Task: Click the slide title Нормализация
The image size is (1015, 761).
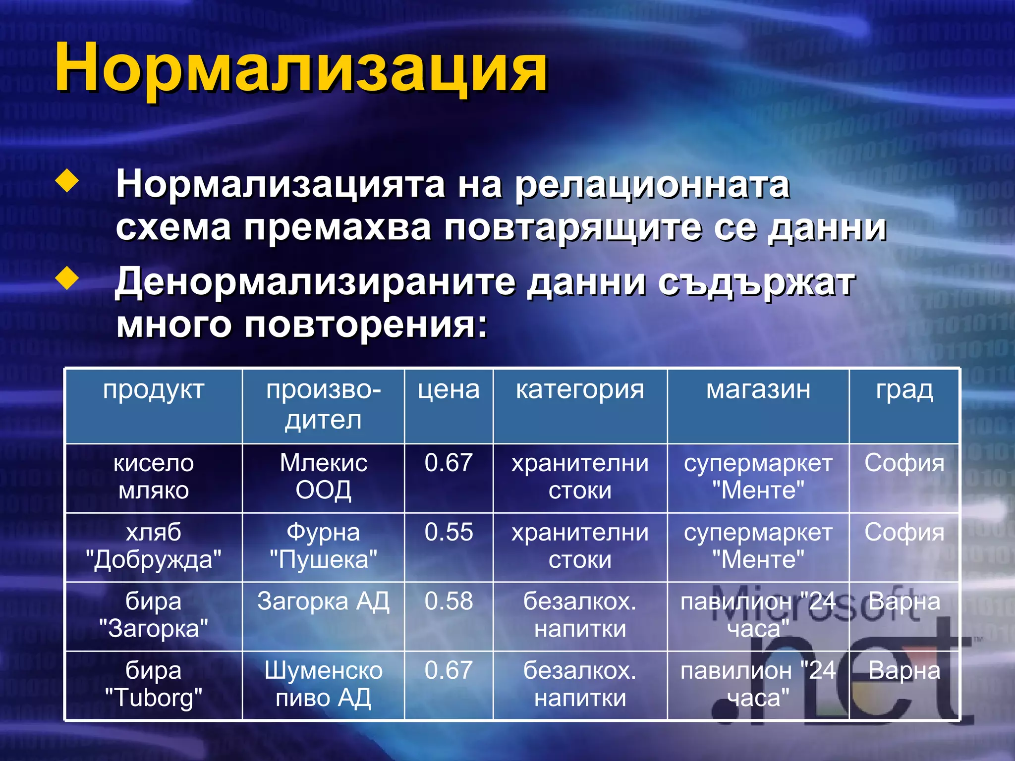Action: pos(301,68)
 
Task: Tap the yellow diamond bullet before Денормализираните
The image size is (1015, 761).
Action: pos(67,279)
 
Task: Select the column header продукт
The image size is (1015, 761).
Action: pos(154,390)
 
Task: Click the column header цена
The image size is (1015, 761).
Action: pos(449,390)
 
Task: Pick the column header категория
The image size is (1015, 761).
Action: pos(580,390)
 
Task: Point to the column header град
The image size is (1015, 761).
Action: pos(904,390)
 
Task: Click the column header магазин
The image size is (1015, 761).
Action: pos(758,390)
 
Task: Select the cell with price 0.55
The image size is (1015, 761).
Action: pos(449,532)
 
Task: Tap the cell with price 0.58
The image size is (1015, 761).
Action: pos(449,601)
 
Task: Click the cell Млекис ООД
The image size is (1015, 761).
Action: pos(323,477)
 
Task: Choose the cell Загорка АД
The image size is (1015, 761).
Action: pos(323,602)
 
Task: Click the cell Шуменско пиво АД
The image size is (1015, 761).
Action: pos(323,684)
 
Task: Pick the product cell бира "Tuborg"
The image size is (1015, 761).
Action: pos(154,684)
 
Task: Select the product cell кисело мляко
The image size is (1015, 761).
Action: pos(154,477)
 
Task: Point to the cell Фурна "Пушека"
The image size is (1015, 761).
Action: pos(323,546)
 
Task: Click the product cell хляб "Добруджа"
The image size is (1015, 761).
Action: pos(154,546)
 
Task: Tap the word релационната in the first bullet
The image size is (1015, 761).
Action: pos(652,185)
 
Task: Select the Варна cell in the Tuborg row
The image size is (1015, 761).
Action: pos(904,671)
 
